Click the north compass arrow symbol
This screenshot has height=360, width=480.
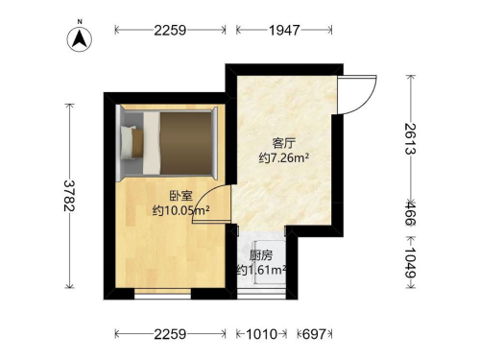click(80, 38)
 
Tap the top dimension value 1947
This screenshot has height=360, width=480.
click(284, 31)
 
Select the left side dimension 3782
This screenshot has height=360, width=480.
click(69, 196)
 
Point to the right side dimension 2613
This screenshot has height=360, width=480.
click(410, 139)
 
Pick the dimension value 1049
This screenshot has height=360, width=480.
click(410, 263)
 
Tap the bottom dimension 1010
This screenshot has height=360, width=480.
click(261, 334)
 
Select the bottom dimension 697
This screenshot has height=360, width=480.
click(314, 334)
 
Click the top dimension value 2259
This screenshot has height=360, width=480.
click(170, 31)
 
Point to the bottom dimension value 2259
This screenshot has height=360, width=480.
click(170, 334)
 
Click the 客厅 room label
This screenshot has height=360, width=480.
click(284, 143)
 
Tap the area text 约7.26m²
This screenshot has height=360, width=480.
click(284, 157)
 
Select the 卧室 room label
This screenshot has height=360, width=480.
click(180, 196)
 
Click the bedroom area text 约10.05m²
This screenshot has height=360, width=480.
click(180, 210)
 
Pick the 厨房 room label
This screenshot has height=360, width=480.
click(261, 255)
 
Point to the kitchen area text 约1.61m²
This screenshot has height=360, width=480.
click(261, 271)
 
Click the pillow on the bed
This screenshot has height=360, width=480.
click(129, 142)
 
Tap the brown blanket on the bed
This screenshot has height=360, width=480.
click(185, 143)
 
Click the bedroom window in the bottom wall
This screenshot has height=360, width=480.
click(162, 294)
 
